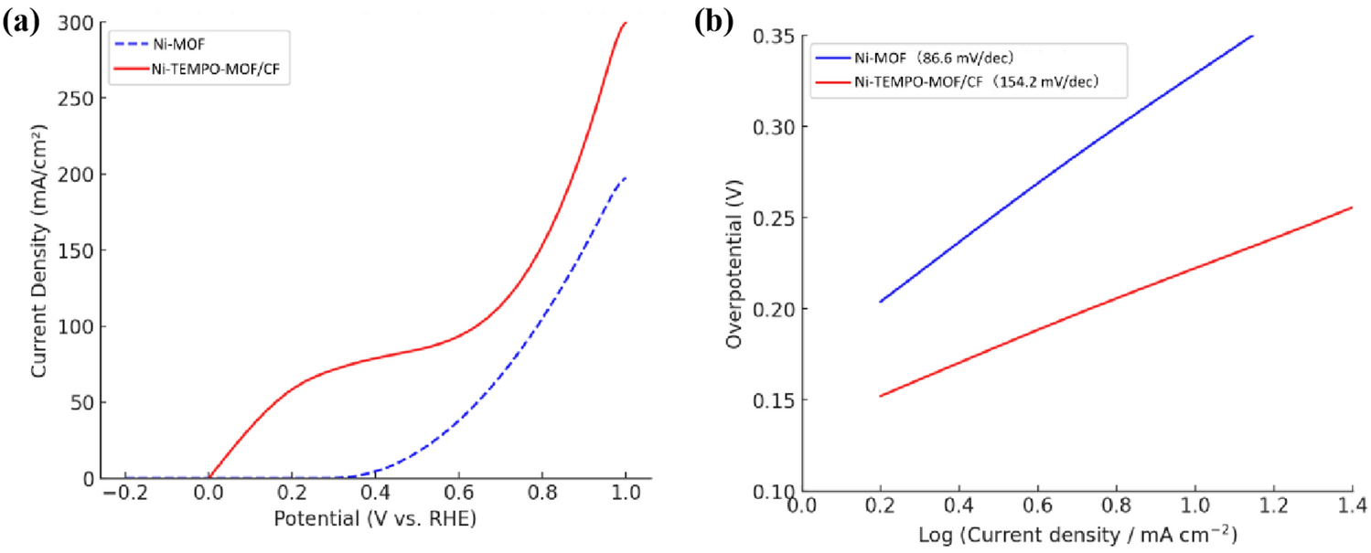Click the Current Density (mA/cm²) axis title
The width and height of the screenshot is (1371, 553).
(x=39, y=250)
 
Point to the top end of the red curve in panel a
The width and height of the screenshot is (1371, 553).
(x=626, y=23)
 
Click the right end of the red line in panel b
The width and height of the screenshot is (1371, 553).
(x=1352, y=207)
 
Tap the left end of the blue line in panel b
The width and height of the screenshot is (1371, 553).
(x=880, y=302)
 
